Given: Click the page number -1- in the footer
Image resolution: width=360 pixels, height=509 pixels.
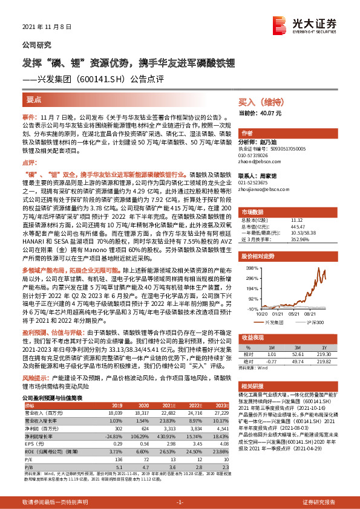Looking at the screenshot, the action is click(x=180, y=502).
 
